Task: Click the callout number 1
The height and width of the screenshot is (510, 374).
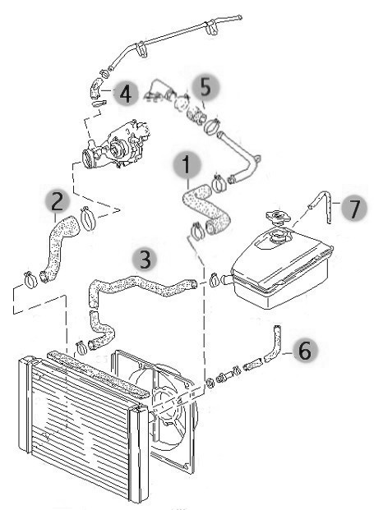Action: (x=187, y=164)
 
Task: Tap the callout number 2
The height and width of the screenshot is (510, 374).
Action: (x=58, y=202)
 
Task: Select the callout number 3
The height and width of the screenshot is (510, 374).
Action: (x=145, y=260)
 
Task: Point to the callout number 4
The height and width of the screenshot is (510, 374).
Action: (x=126, y=93)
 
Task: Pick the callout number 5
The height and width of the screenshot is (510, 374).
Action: (x=205, y=87)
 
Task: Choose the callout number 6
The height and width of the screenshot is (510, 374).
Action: (x=305, y=351)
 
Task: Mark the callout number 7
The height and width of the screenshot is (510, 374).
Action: (x=354, y=209)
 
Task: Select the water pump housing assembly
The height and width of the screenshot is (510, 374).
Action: (x=116, y=147)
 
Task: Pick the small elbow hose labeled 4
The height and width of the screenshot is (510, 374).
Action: (x=95, y=88)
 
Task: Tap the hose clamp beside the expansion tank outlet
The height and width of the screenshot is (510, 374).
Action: (x=214, y=280)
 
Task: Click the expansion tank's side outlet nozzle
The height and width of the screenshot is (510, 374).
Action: (x=227, y=280)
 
